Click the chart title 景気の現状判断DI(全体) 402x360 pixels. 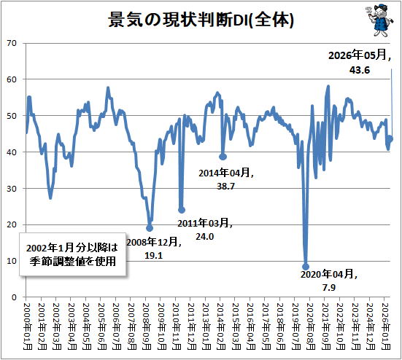(201, 20)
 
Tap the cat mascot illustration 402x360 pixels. (379, 20)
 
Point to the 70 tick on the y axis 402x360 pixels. (12, 43)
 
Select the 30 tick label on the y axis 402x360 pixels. (12, 189)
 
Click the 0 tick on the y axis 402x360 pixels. (14, 297)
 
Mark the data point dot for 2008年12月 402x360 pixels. (150, 228)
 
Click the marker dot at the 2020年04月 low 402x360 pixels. (306, 267)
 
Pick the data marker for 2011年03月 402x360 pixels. (182, 210)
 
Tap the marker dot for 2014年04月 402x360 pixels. (223, 157)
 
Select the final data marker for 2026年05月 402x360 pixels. (390, 139)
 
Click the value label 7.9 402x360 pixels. (329, 288)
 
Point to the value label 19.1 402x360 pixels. (153, 255)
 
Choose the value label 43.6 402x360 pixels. (360, 70)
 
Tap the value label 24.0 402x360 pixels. (204, 237)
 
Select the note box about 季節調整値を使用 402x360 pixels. (72, 254)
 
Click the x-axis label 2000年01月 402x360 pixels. (27, 326)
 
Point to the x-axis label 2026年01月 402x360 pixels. (386, 326)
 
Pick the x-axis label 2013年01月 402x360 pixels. (206, 326)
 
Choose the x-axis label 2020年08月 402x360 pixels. (311, 326)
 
